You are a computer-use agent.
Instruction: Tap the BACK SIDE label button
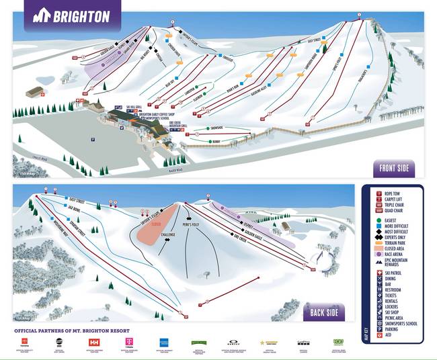pos(324,312)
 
